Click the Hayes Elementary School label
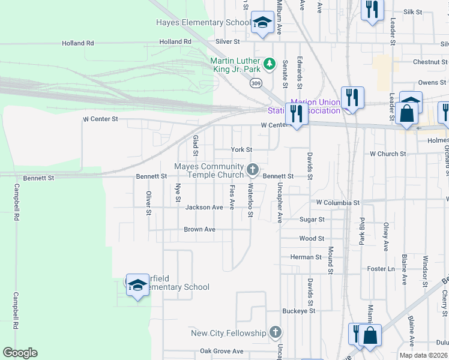[x=203, y=23]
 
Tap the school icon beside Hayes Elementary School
[x=262, y=23]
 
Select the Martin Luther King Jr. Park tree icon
[x=270, y=62]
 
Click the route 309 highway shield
[x=256, y=83]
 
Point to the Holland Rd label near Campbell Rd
[x=78, y=43]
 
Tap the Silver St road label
[x=228, y=42]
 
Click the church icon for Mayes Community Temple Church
[x=253, y=170]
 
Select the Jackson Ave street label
[x=204, y=208]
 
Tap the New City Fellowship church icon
[x=275, y=332]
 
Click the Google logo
[x=20, y=353]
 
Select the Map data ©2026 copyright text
[x=424, y=355]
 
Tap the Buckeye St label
[x=299, y=311]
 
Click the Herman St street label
[x=306, y=257]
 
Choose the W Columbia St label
[x=337, y=203]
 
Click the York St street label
[x=242, y=149]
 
